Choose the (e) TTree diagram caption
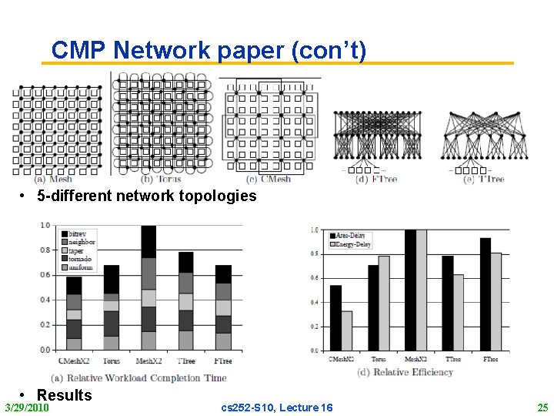click(x=483, y=179)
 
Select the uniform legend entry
click(x=82, y=267)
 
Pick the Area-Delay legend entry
click(x=353, y=235)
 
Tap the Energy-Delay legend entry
click(x=355, y=243)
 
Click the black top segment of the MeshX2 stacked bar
click(x=149, y=241)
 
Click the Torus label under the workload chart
click(x=111, y=361)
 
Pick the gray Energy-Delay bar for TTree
click(x=459, y=312)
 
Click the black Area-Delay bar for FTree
click(x=486, y=294)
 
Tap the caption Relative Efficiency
click(x=405, y=372)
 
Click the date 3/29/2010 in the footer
click(x=27, y=407)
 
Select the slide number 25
click(x=542, y=407)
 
